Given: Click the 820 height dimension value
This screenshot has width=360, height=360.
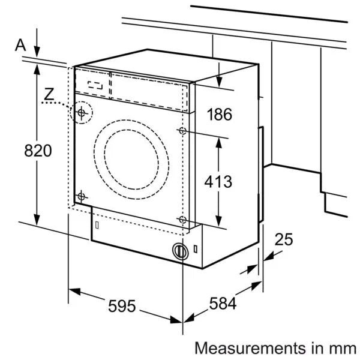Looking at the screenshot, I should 38,151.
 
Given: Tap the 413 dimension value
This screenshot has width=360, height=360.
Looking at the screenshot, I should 218,181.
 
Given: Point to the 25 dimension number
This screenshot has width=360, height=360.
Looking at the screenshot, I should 284,240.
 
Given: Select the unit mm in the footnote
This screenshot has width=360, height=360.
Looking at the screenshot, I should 346,347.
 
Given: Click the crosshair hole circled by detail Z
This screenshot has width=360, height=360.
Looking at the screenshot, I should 82,112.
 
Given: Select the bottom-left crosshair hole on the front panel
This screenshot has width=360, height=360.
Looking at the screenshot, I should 82,195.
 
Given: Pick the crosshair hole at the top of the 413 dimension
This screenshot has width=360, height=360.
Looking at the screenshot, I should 182,131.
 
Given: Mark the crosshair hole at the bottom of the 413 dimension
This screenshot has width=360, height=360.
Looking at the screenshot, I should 182,220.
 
